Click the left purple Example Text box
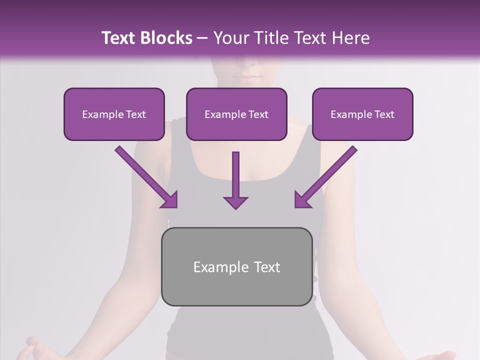tap(114, 114)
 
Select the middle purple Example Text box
tap(236, 114)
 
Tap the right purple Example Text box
tap(362, 114)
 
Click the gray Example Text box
tap(236, 266)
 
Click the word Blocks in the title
tap(167, 38)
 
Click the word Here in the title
tap(350, 38)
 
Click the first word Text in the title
tap(118, 38)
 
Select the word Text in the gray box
tap(266, 267)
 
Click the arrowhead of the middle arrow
tap(235, 202)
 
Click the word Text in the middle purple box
tap(257, 114)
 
